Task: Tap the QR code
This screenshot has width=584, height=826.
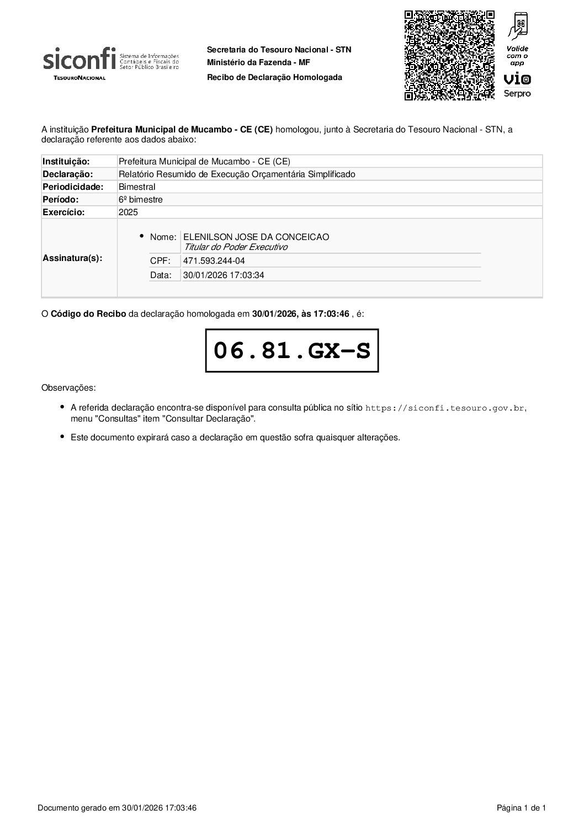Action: [x=449, y=56]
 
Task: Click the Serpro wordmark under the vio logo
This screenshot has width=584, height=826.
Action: [x=517, y=94]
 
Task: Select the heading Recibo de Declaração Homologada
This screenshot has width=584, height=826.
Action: [x=274, y=77]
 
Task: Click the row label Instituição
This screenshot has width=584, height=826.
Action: [x=66, y=161]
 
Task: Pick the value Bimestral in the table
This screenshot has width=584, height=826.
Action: [x=137, y=186]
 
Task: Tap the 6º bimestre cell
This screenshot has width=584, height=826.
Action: [x=141, y=199]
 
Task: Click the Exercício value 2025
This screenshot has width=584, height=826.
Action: [x=128, y=212]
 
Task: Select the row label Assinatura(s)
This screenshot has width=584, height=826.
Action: [x=72, y=258]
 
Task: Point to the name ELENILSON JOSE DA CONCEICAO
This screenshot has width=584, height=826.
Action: [x=256, y=237]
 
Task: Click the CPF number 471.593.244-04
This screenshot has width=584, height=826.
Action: [x=214, y=260]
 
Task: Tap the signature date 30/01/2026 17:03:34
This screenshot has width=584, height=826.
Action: [x=224, y=275]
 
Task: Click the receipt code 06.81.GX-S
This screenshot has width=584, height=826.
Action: [x=292, y=351]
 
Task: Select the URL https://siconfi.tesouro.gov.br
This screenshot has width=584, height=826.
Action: [x=445, y=408]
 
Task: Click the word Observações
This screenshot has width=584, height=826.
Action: [x=68, y=387]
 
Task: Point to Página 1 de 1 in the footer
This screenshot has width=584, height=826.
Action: [x=521, y=808]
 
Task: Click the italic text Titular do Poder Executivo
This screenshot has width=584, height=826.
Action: [x=236, y=247]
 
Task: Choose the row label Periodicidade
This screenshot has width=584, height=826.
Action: [x=73, y=186]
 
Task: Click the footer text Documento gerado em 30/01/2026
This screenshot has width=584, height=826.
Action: [x=117, y=808]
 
